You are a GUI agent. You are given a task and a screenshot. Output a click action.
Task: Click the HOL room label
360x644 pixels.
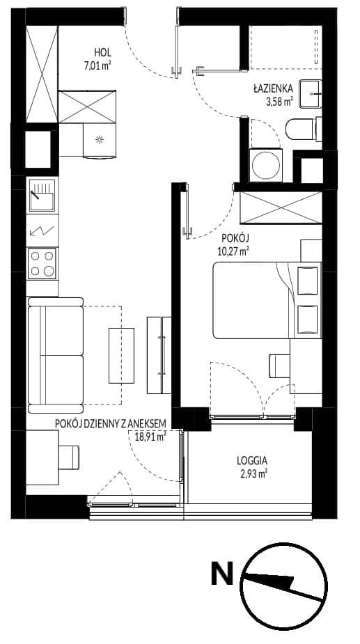pos(103,53)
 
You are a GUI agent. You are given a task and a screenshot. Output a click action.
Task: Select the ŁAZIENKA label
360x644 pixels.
pos(273,88)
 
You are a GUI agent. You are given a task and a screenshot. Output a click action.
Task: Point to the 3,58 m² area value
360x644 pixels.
pos(279,101)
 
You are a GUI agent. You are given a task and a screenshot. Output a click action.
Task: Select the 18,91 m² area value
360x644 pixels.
pos(150,436)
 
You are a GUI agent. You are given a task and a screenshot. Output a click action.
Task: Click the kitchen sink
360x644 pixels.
pos(42,196)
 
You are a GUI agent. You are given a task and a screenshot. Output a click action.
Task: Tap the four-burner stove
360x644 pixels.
pos(42,263)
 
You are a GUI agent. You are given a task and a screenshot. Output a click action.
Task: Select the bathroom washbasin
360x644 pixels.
pos(311,94)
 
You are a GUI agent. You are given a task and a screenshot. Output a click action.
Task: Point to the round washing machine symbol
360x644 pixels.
pos(266,165)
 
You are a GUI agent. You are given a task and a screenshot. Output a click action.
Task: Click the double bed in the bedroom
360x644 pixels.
pos(267,300)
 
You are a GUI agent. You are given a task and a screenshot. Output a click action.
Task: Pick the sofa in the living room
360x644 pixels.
pos(56,355)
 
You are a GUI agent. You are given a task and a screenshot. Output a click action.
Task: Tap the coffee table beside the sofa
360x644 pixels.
pos(122,355)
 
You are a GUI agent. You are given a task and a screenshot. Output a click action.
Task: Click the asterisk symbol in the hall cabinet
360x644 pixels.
pos(99,140)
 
